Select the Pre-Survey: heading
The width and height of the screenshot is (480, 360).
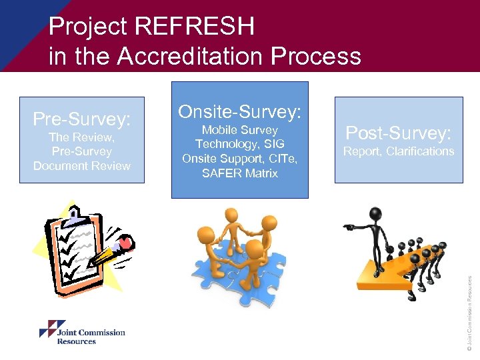[82, 119]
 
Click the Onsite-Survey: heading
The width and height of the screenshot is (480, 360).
[239, 111]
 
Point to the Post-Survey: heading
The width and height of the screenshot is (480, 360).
[399, 132]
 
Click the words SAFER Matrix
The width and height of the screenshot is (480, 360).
[239, 173]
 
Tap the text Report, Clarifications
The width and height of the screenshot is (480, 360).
[399, 151]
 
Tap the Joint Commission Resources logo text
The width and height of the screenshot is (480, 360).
[91, 337]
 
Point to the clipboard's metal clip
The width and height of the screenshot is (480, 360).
[75, 217]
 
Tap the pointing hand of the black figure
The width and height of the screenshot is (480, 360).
[348, 227]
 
